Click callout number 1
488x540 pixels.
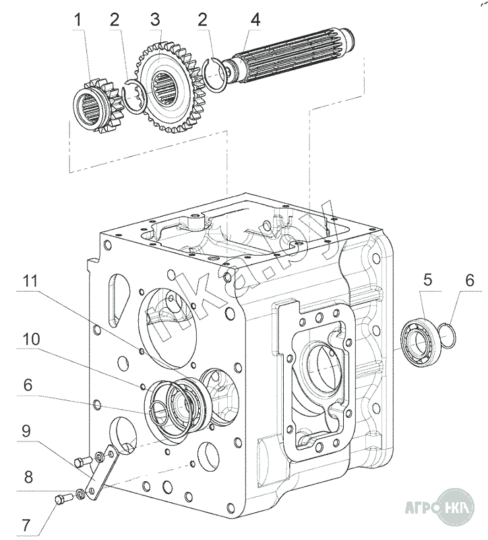coord(78,20)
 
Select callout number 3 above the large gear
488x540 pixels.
coord(155,20)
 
